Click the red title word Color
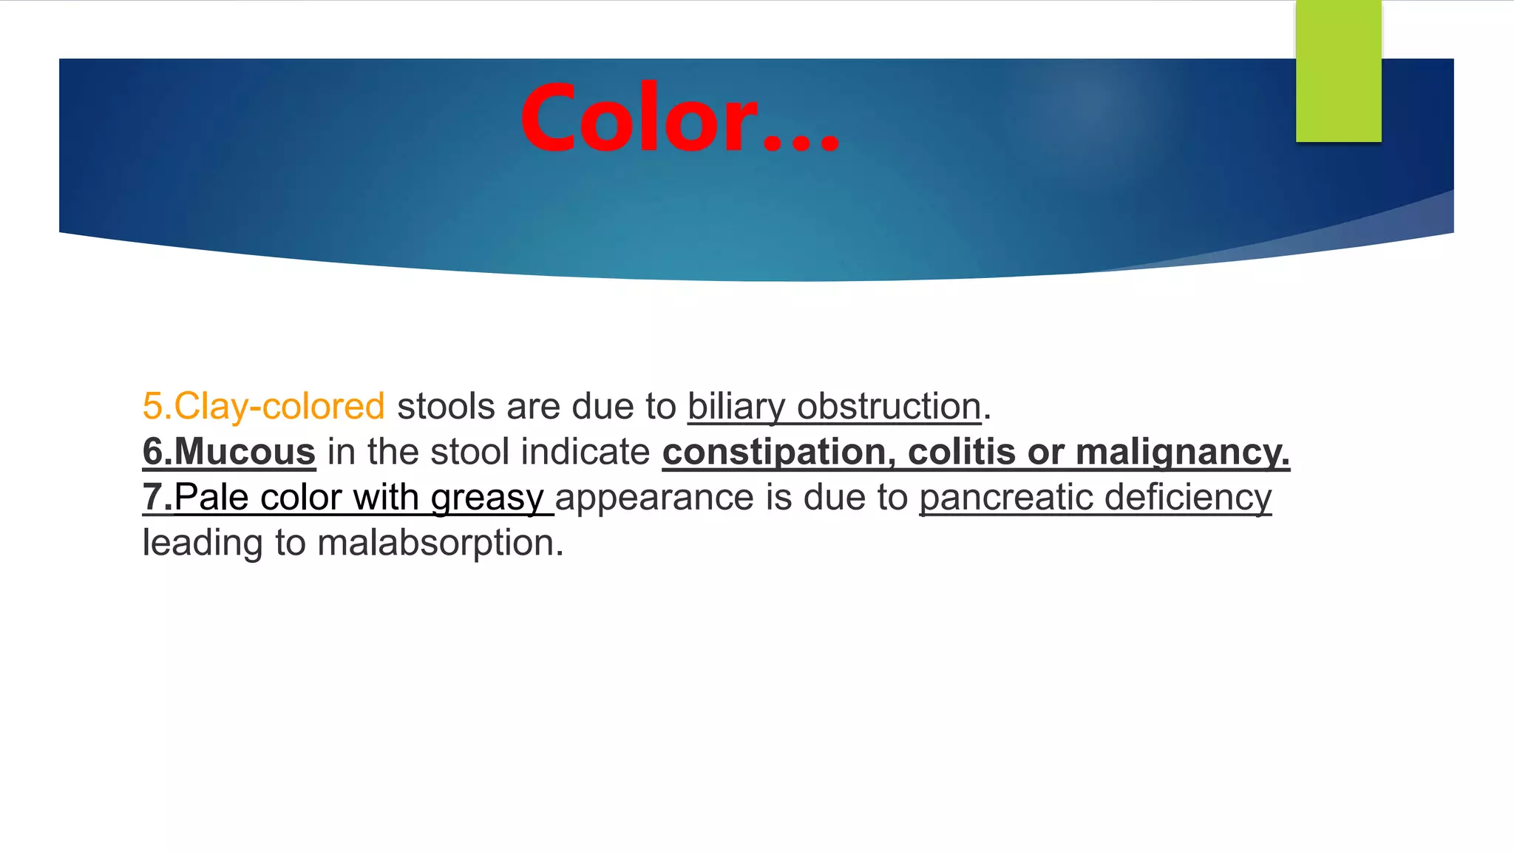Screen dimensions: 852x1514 (x=639, y=118)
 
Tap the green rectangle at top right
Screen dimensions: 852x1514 (x=1338, y=71)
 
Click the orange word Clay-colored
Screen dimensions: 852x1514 (x=279, y=406)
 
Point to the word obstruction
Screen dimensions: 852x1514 (x=889, y=406)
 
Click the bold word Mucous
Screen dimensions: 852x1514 (x=244, y=451)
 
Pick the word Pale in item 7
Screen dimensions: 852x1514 (x=211, y=497)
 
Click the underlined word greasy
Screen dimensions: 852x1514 (x=487, y=498)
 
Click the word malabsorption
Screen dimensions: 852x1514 (x=440, y=544)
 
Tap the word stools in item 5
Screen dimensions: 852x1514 (x=445, y=406)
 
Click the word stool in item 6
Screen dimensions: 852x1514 (x=469, y=452)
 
